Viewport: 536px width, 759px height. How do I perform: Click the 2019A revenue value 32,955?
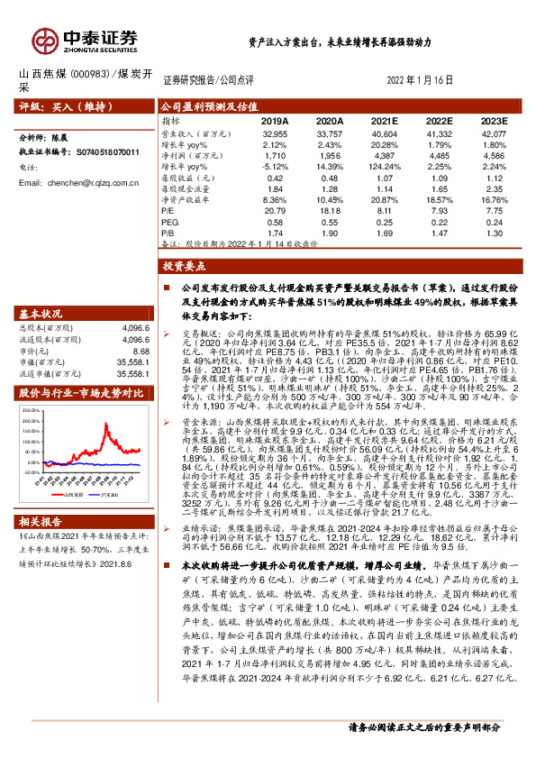coord(274,132)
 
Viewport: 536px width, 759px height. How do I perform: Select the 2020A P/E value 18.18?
coord(331,210)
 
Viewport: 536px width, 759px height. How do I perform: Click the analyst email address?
coord(86,183)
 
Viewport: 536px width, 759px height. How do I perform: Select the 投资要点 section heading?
coord(184,268)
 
